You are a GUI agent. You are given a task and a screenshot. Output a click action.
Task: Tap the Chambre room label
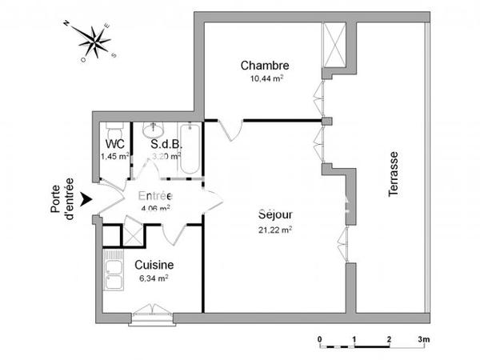[263, 66]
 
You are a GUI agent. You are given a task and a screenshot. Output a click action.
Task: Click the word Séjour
[274, 215]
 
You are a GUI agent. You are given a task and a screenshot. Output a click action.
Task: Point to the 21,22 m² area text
[274, 230]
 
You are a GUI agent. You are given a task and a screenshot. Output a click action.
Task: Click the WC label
[114, 144]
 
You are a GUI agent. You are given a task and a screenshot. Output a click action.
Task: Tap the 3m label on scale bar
[424, 339]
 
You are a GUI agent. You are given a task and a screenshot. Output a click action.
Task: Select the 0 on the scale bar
[320, 339]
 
